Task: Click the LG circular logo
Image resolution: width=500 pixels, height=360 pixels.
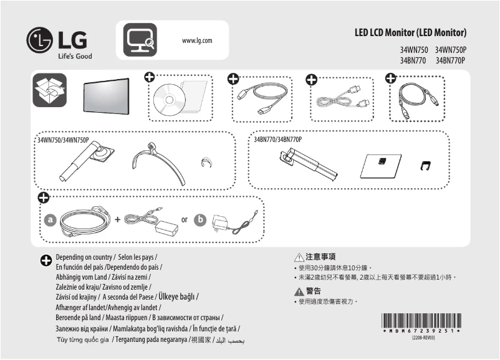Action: click(39, 41)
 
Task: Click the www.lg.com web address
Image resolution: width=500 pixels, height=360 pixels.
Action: click(197, 40)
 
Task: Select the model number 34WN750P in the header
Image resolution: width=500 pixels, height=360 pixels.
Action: click(451, 49)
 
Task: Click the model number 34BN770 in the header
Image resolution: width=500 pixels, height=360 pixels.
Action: click(413, 60)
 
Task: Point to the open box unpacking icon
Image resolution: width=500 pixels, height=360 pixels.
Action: click(49, 92)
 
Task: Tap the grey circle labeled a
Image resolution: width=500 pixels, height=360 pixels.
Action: click(50, 220)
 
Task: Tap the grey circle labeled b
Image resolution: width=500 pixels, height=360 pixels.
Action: click(200, 220)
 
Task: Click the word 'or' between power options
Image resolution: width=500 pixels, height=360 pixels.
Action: click(184, 220)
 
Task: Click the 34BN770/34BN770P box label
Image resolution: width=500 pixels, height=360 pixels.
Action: click(277, 140)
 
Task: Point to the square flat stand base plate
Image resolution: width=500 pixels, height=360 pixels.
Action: click(378, 164)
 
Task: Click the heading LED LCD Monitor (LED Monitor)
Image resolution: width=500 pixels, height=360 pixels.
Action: click(410, 32)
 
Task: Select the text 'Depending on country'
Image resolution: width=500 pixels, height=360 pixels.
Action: click(84, 257)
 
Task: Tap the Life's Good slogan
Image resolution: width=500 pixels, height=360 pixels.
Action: click(74, 57)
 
